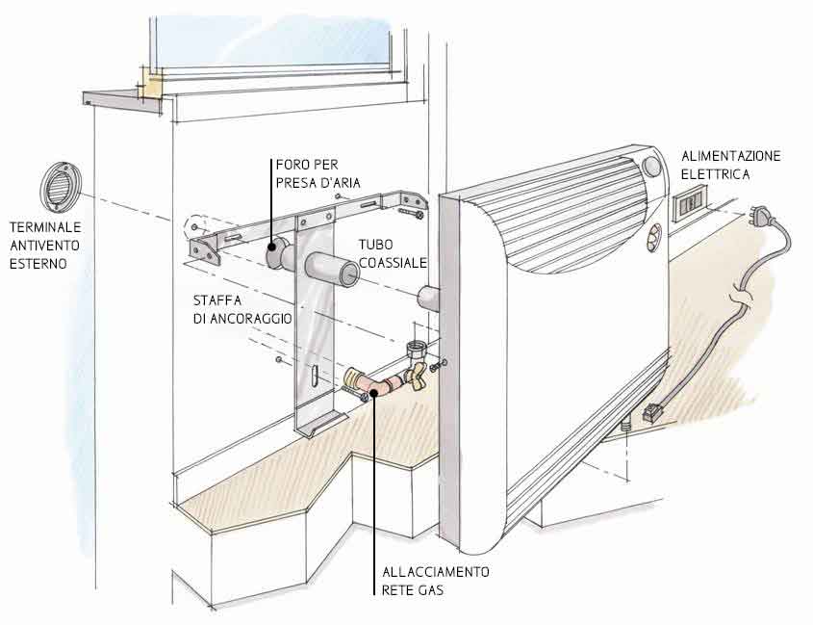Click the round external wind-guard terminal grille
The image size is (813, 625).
tap(61, 187)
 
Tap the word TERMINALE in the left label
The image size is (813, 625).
tap(45, 227)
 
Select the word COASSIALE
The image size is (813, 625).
tap(393, 263)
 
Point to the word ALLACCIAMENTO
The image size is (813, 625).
tap(436, 572)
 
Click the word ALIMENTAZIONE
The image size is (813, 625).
tap(731, 156)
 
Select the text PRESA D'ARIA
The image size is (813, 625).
tap(318, 183)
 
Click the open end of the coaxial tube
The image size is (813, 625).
tap(349, 274)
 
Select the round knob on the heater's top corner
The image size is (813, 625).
tap(651, 167)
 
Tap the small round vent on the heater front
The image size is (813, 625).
tap(654, 237)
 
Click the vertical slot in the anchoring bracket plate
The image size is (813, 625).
tap(315, 375)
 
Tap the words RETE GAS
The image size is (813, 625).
tap(414, 590)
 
